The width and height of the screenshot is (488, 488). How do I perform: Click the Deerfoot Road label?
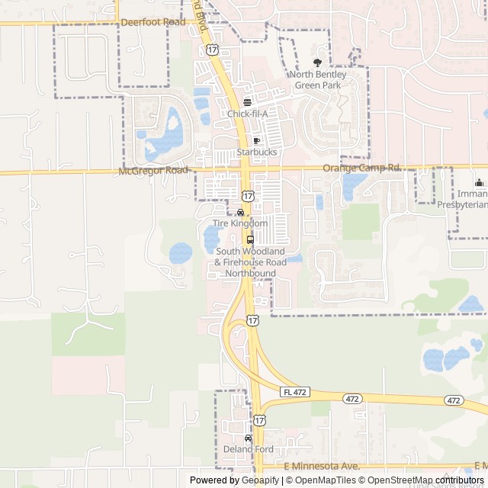coord(152,22)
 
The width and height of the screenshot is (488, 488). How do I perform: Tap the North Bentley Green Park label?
coord(318,80)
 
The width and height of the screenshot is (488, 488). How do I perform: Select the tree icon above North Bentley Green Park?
coord(318,63)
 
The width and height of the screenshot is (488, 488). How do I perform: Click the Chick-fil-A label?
coord(248,114)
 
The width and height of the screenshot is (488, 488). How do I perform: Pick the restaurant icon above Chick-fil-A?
coord(247,102)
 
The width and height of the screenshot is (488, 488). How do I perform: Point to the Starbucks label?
coord(257,152)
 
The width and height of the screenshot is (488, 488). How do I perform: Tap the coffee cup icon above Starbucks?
coord(257,141)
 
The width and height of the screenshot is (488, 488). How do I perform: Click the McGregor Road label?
coord(153,171)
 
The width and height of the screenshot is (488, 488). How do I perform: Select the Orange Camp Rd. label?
coord(362,168)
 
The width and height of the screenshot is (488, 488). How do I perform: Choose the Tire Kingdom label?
coord(240,223)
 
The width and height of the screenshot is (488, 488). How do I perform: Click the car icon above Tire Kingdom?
coord(241,213)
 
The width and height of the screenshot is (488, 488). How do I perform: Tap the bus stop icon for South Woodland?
coord(251,239)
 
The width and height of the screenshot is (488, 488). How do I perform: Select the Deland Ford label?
coord(248,449)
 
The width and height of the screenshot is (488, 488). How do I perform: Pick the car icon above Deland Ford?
coord(248,438)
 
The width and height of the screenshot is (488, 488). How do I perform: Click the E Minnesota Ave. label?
coord(321,466)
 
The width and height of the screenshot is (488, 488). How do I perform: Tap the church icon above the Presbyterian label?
coord(479,182)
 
